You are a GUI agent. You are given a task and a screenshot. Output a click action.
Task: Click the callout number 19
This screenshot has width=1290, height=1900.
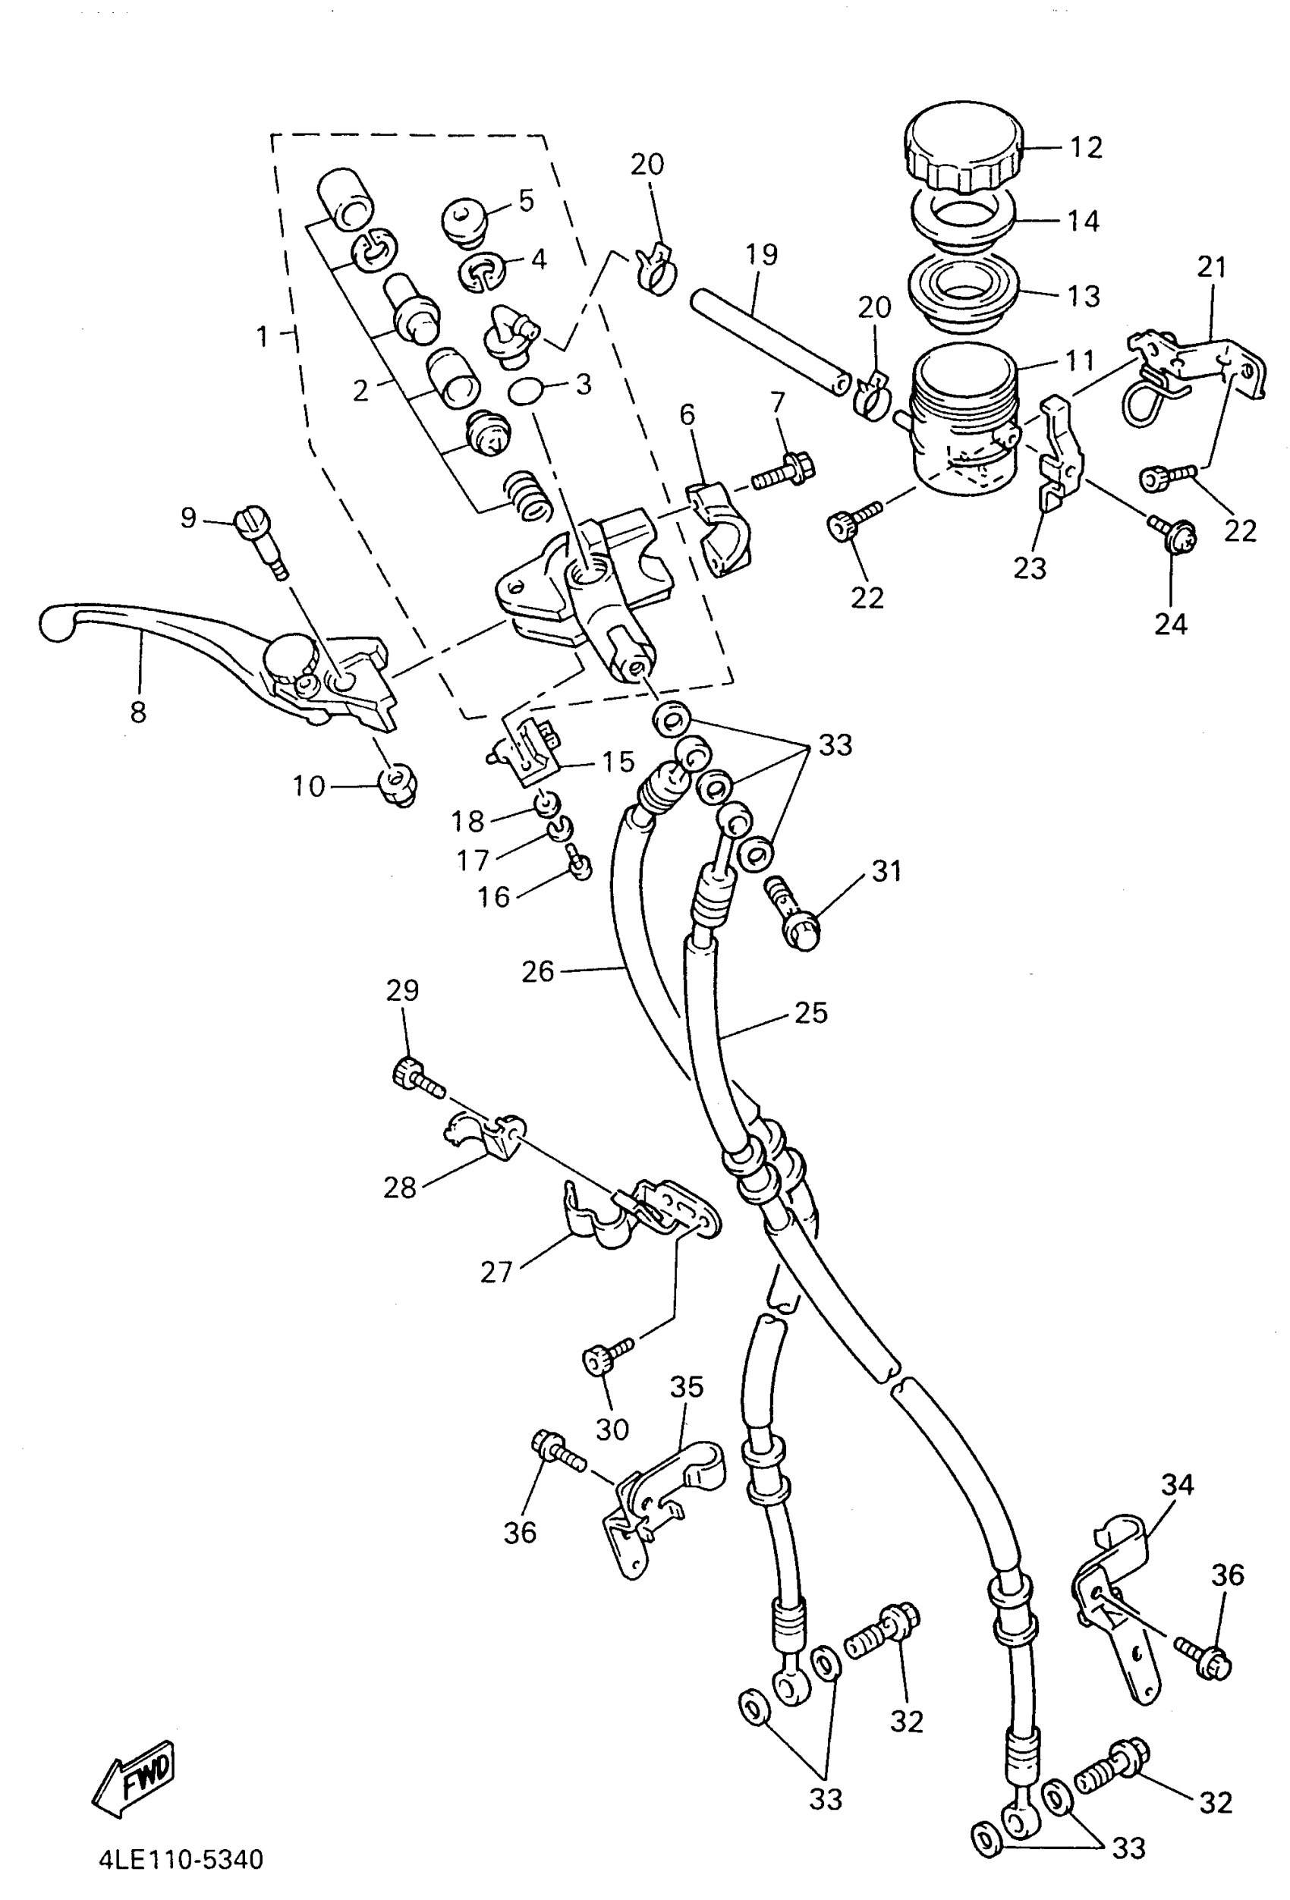[761, 254]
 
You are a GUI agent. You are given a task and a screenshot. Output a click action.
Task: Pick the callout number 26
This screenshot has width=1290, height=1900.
[538, 971]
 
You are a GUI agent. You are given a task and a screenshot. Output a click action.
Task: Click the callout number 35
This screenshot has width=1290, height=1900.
[687, 1386]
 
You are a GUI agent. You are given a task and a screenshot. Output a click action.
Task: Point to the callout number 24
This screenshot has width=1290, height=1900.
[1170, 624]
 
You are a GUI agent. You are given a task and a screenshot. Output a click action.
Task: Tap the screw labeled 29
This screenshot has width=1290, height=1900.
[415, 1077]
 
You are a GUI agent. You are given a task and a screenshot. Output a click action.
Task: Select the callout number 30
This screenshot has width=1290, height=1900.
[612, 1429]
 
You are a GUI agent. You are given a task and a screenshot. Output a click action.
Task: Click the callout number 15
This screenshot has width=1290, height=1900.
[618, 761]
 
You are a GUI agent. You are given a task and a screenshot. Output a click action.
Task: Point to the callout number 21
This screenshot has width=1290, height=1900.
[1212, 267]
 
